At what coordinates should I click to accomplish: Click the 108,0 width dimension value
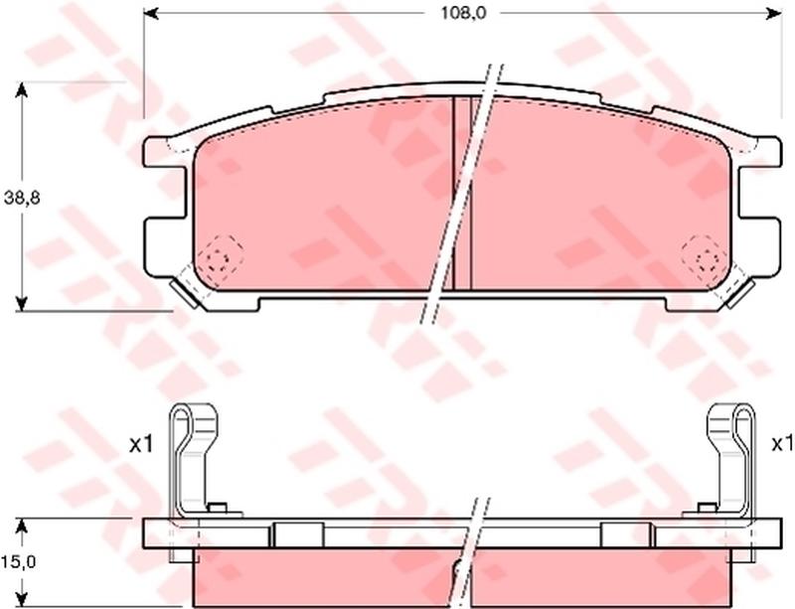click(x=463, y=13)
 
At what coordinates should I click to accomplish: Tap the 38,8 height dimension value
click(x=21, y=199)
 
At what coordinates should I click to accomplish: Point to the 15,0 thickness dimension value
click(x=18, y=562)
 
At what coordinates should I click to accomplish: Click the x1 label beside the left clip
click(x=141, y=445)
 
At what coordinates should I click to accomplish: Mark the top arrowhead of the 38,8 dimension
click(x=21, y=89)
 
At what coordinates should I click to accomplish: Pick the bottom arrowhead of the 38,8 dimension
click(x=21, y=303)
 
